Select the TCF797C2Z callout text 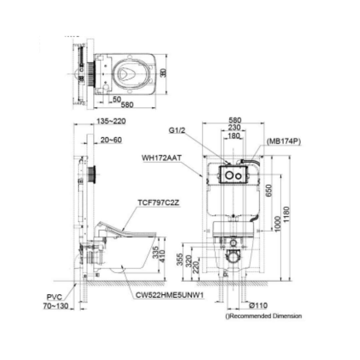pyautogui.click(x=159, y=202)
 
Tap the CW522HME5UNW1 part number pyautogui.click(x=169, y=295)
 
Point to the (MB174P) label pyautogui.click(x=284, y=141)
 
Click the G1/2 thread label pyautogui.click(x=177, y=131)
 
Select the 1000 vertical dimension pyautogui.click(x=277, y=223)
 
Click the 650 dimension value pyautogui.click(x=269, y=191)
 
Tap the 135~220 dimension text pyautogui.click(x=111, y=121)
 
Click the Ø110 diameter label pyautogui.click(x=258, y=305)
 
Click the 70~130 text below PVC pyautogui.click(x=55, y=306)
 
